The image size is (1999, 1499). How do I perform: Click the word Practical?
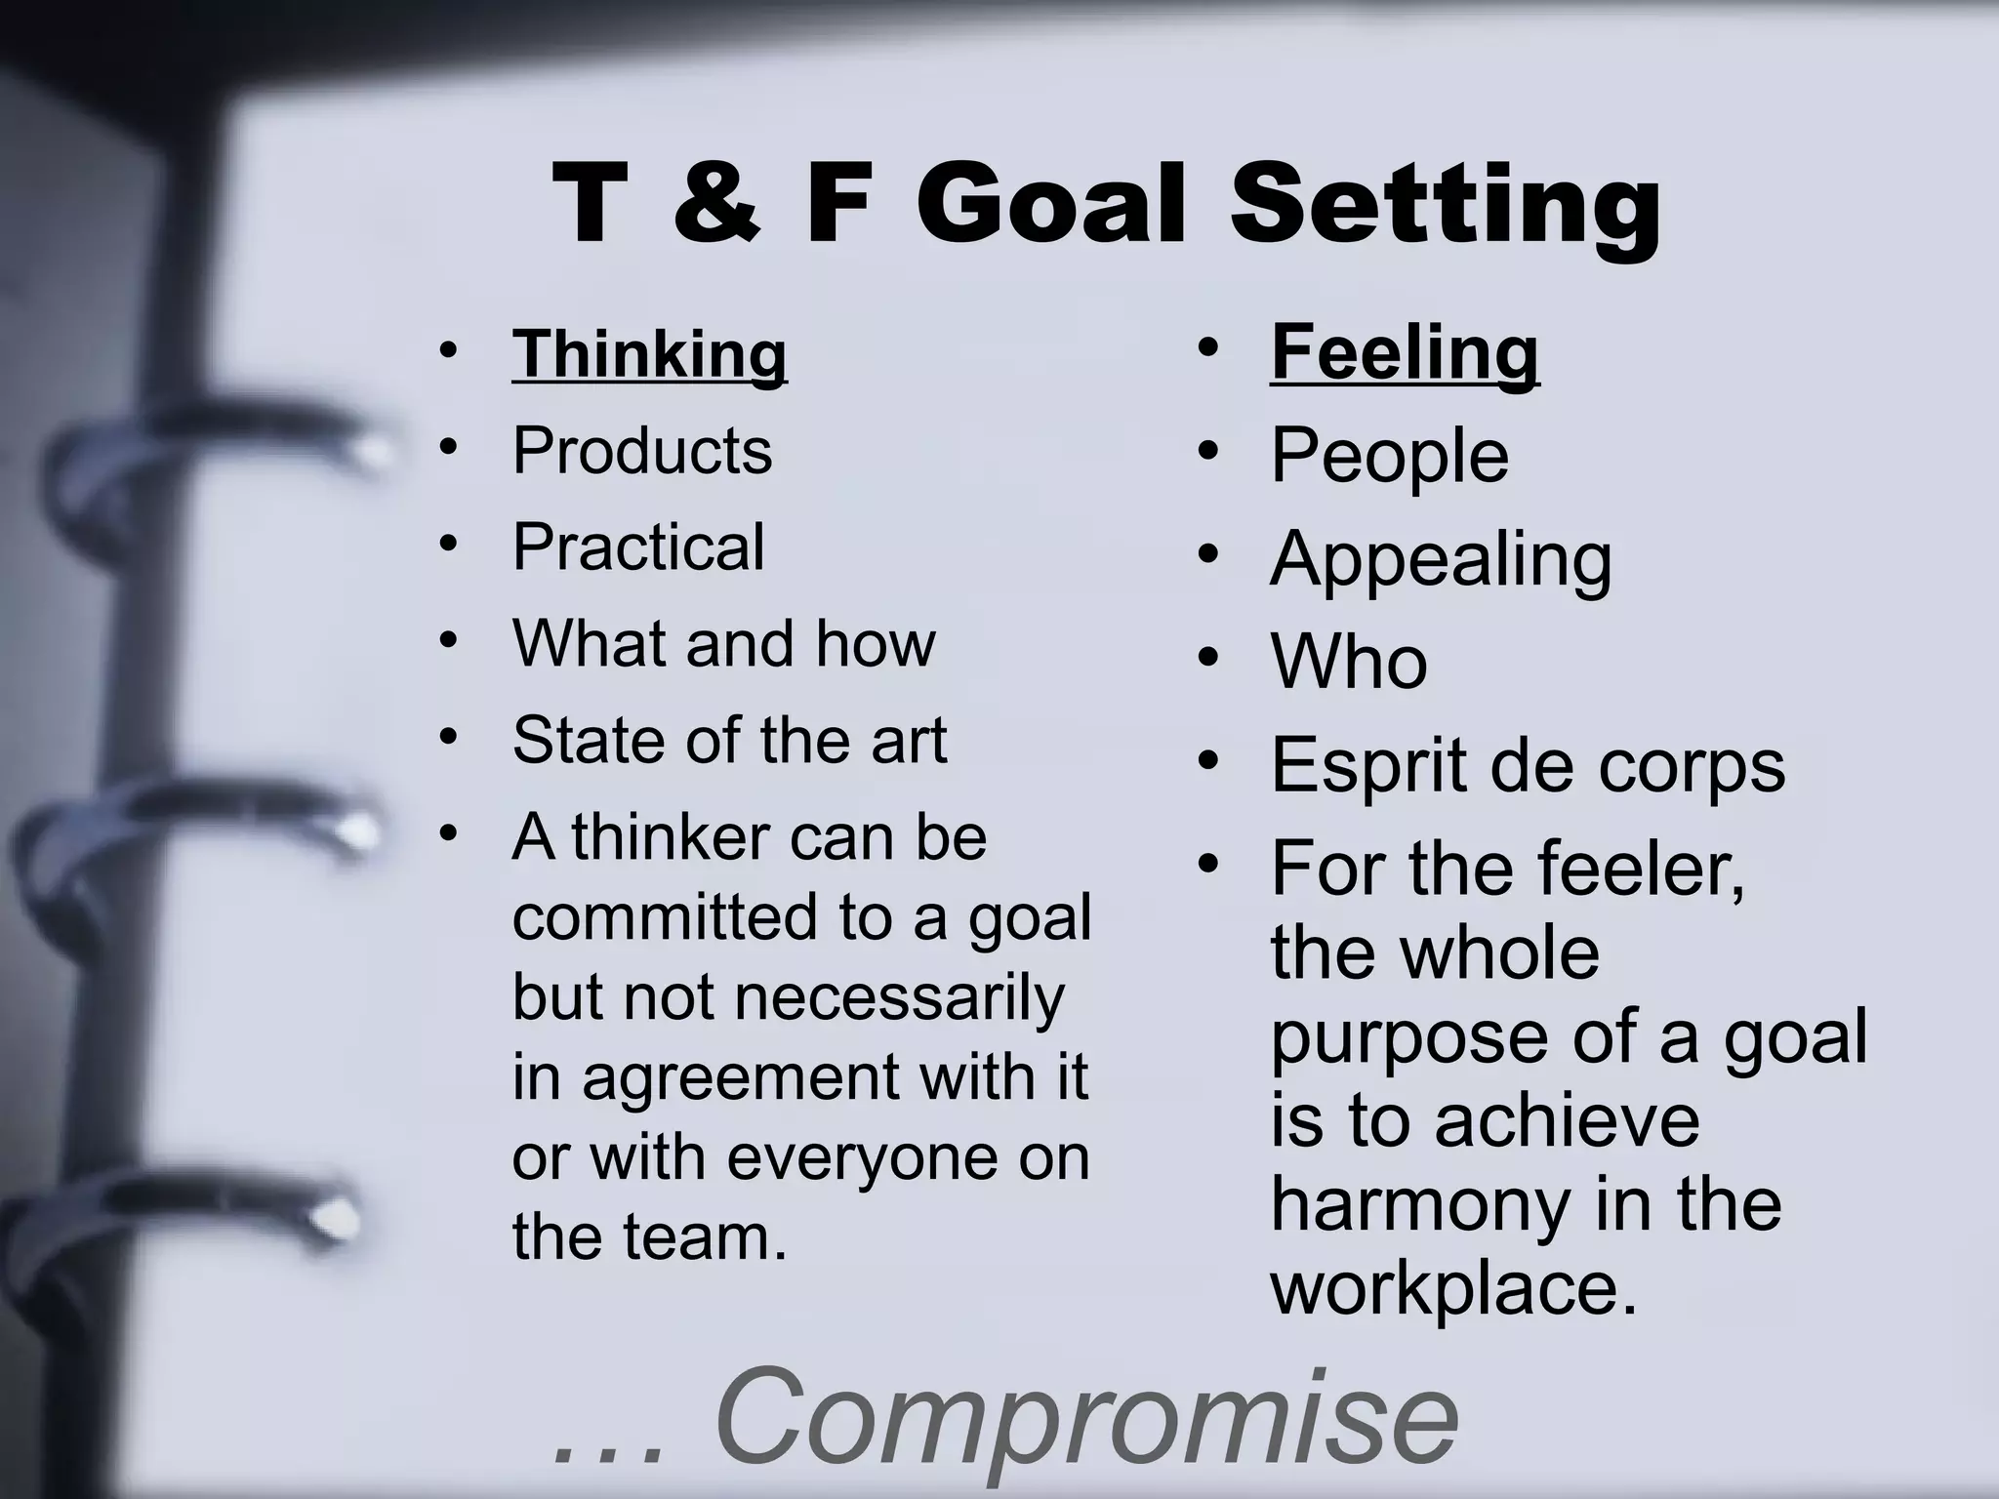coord(638,547)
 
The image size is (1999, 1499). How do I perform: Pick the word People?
coord(1389,456)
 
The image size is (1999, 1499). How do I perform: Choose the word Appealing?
coord(1441,559)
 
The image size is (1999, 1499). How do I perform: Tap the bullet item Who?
coord(1349,662)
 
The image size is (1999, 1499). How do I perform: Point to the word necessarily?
coord(898,998)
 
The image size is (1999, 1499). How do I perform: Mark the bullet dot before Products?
coord(448,447)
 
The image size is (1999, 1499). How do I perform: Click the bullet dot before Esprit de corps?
coord(1208,759)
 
